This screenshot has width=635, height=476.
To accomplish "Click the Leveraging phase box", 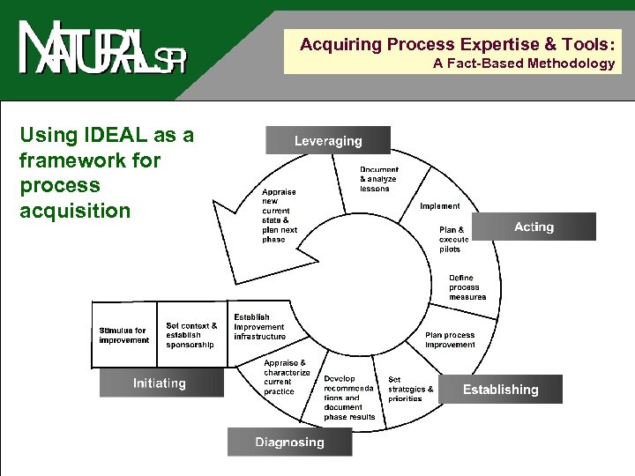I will (x=328, y=141).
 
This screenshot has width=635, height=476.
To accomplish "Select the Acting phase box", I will (x=534, y=227).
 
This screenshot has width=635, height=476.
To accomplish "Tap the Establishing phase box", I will (x=500, y=390).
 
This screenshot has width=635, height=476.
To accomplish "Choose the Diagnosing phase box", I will (x=289, y=442).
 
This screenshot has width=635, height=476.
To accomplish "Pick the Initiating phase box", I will (x=160, y=383).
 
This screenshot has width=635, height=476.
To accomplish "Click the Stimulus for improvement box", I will (x=124, y=335).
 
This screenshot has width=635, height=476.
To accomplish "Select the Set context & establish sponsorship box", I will (x=191, y=335).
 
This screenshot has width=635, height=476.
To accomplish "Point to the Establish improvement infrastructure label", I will (x=259, y=326).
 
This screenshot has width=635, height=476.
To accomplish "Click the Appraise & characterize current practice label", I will (x=287, y=376).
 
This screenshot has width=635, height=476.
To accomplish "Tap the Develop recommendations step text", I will (x=349, y=398).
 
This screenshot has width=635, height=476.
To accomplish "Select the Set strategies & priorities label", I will (x=410, y=389).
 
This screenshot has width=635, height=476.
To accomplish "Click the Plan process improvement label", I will (x=450, y=339).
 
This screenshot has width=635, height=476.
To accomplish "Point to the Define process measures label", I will (x=467, y=286).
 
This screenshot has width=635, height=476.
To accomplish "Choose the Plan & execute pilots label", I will (x=453, y=239).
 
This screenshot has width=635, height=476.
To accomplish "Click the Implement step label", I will (x=439, y=206).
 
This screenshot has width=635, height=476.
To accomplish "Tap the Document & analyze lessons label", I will (x=379, y=179).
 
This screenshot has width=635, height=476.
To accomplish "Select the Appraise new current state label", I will (x=280, y=215).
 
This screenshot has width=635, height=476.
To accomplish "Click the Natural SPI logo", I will (x=102, y=50).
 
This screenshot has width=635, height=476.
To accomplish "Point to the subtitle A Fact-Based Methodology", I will (x=524, y=63).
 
